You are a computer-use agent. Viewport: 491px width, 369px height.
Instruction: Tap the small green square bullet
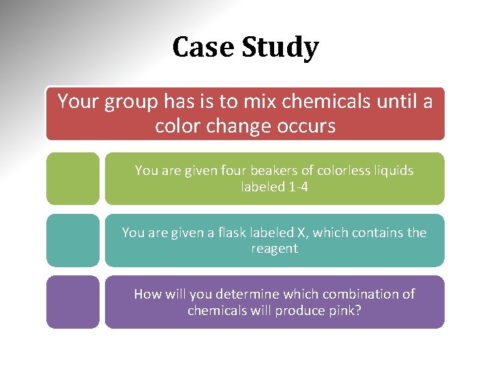tap(73, 178)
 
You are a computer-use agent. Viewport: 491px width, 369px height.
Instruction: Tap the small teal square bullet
tap(73, 240)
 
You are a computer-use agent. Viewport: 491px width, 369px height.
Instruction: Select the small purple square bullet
tap(73, 301)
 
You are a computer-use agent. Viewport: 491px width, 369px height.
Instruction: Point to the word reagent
tap(274, 248)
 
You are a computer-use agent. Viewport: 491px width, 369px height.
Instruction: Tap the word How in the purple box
tap(147, 294)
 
